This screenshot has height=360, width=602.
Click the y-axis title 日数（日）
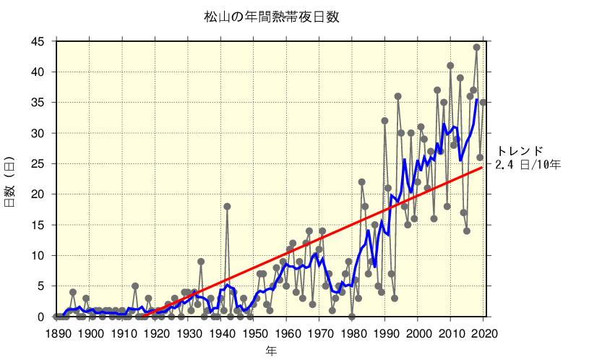pyautogui.click(x=11, y=181)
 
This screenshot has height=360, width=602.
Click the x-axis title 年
pyautogui.click(x=270, y=351)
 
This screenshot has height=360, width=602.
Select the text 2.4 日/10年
pyautogui.click(x=528, y=165)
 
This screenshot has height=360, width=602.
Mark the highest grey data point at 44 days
pyautogui.click(x=477, y=48)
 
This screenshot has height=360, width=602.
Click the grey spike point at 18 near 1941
pyautogui.click(x=227, y=206)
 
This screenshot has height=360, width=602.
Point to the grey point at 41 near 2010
pyautogui.click(x=450, y=66)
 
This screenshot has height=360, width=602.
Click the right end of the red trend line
pyautogui.click(x=483, y=168)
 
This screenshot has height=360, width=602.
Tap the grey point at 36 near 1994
pyautogui.click(x=397, y=96)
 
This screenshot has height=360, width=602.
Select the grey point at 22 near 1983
pyautogui.click(x=361, y=182)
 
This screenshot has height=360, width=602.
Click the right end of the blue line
pyautogui.click(x=477, y=100)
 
